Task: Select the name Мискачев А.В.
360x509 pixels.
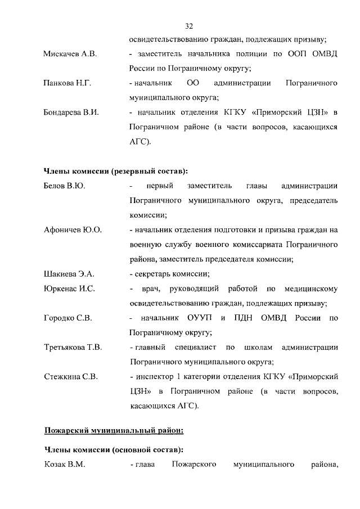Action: pyautogui.click(x=70, y=55)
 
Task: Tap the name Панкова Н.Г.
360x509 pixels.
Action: pyautogui.click(x=67, y=83)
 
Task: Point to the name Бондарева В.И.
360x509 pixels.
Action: pyautogui.click(x=71, y=112)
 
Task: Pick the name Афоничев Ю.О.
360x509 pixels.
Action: pyautogui.click(x=73, y=230)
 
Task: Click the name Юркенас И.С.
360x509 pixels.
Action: pyautogui.click(x=69, y=289)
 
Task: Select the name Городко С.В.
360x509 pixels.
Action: pyautogui.click(x=68, y=318)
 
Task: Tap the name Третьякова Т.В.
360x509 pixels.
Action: pyautogui.click(x=73, y=348)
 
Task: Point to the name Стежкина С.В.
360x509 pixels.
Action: pyautogui.click(x=71, y=376)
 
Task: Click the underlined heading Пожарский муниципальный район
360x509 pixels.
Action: pyautogui.click(x=114, y=431)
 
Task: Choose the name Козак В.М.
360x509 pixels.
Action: pyautogui.click(x=64, y=465)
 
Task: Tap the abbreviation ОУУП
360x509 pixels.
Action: pyautogui.click(x=200, y=318)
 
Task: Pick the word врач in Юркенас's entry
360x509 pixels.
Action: pyautogui.click(x=154, y=289)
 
